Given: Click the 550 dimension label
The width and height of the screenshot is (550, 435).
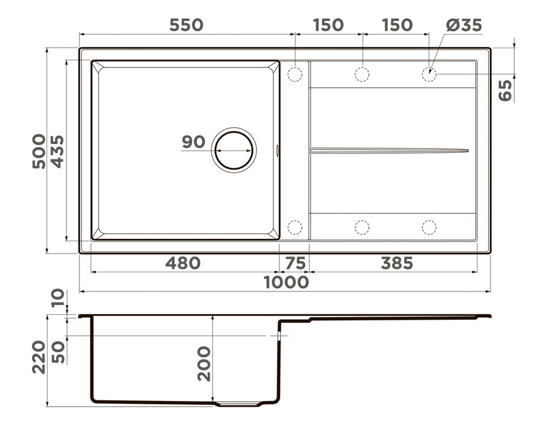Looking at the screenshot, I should click(186, 25).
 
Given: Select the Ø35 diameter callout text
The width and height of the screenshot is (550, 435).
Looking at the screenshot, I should click(464, 25).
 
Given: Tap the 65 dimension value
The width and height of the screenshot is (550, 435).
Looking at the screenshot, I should click(505, 90).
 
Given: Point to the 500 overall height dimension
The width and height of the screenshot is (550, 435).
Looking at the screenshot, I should click(39, 151).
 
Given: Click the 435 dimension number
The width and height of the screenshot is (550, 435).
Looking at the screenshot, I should click(57, 151).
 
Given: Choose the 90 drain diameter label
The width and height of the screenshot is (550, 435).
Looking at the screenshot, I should click(194, 142).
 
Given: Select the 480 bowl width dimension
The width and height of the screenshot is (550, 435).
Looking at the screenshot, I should click(183, 263).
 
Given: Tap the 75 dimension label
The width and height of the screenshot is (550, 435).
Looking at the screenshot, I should click(294, 263).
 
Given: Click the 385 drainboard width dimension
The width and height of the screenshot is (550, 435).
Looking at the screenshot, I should click(397, 263).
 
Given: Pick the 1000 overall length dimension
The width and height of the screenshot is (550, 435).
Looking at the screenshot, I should click(287, 282).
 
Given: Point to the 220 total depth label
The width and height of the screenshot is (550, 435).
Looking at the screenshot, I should click(39, 357).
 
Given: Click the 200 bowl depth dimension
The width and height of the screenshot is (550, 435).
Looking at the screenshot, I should click(203, 364).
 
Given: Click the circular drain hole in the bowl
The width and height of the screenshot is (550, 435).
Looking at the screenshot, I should click(233, 150).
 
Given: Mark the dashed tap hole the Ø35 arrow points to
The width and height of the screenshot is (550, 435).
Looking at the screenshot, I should click(429, 74).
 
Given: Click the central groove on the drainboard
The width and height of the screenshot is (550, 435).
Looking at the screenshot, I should click(388, 150).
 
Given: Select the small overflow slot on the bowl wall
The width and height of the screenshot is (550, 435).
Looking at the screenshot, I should click(277, 150).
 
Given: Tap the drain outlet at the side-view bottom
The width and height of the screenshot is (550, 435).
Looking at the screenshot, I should click(237, 404).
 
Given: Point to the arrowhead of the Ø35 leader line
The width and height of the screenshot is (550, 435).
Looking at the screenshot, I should click(431, 70).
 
